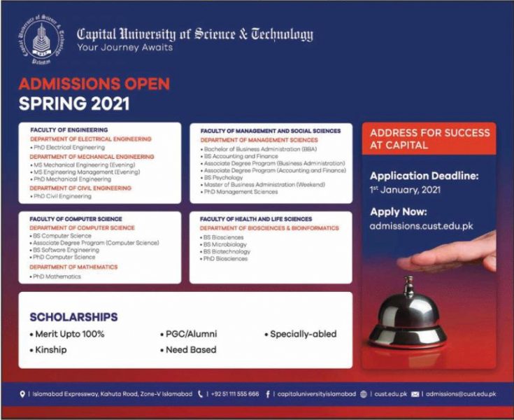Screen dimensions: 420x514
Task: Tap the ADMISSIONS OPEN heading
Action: (94, 84)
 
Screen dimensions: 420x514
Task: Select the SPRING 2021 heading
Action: (73, 104)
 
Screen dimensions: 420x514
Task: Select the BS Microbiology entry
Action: (226, 244)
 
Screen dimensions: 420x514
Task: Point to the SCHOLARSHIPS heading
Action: (73, 317)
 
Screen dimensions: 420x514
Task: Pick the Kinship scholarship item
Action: (50, 349)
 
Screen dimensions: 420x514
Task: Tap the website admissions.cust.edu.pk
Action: (421, 226)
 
